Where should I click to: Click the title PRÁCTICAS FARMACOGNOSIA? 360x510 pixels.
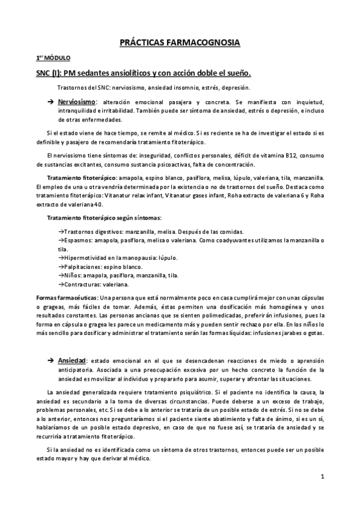click(180, 43)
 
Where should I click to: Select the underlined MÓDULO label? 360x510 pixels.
click(56, 58)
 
